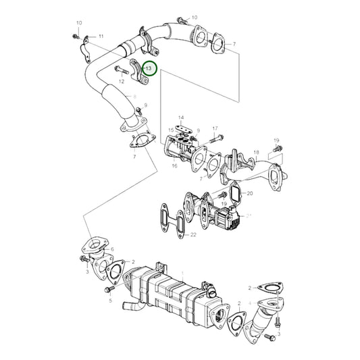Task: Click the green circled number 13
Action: coord(149,68)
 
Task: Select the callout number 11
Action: coord(101,35)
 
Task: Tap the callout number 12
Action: coord(122,82)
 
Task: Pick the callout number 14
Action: coord(180,118)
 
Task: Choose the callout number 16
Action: coord(174,165)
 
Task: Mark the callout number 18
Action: coord(256,153)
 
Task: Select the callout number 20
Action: coord(250,194)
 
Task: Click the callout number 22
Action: coord(192,234)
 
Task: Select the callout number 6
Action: coord(112,249)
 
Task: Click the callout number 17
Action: coord(215,128)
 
